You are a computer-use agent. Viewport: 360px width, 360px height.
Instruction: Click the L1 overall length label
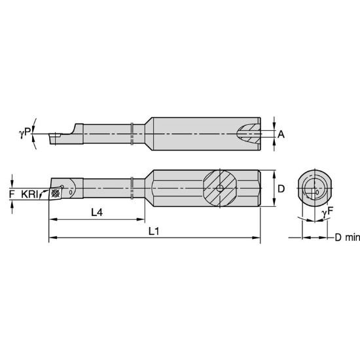pos(154,231)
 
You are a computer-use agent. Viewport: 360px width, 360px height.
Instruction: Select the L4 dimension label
pos(96,211)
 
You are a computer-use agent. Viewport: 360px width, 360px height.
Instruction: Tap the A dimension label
pos(281,134)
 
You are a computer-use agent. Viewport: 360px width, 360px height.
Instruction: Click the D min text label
pos(344,238)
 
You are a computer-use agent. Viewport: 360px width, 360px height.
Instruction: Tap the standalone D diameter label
pos(281,189)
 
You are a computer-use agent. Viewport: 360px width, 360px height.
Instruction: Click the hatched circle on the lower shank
pos(221,189)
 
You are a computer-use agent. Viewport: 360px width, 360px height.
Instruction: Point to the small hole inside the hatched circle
pos(221,189)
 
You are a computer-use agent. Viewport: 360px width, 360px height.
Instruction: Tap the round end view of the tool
pos(312,189)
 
